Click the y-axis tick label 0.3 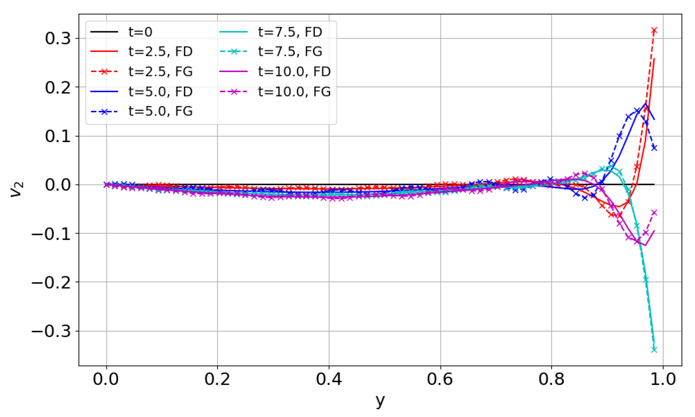58,38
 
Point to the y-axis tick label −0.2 51,282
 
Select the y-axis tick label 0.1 58,136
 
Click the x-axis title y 380,400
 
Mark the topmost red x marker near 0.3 654,30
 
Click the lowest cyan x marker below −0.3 654,350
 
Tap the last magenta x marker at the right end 654,213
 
